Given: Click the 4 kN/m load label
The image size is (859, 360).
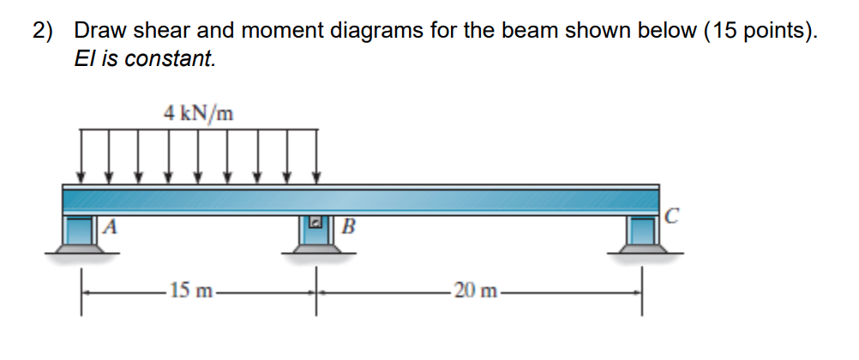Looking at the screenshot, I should (199, 112).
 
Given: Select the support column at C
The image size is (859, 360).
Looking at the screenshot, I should (641, 230).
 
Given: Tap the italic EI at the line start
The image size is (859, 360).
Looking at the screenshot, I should (85, 59).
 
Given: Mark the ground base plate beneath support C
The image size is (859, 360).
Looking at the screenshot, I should (641, 249).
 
